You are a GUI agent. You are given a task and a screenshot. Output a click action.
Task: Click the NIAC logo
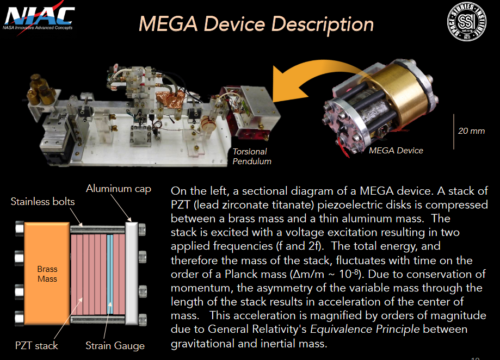(39, 19)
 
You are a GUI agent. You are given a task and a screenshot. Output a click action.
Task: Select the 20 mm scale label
(471, 131)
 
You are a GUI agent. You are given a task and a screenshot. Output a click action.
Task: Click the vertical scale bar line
(454, 131)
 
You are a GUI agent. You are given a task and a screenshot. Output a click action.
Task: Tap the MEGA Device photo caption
(396, 151)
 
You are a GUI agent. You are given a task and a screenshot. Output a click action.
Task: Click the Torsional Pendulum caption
(252, 156)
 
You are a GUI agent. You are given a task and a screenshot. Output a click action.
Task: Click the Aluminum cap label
(118, 189)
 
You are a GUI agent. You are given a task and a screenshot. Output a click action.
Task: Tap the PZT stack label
(36, 345)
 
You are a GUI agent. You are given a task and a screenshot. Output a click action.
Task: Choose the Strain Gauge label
(115, 345)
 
